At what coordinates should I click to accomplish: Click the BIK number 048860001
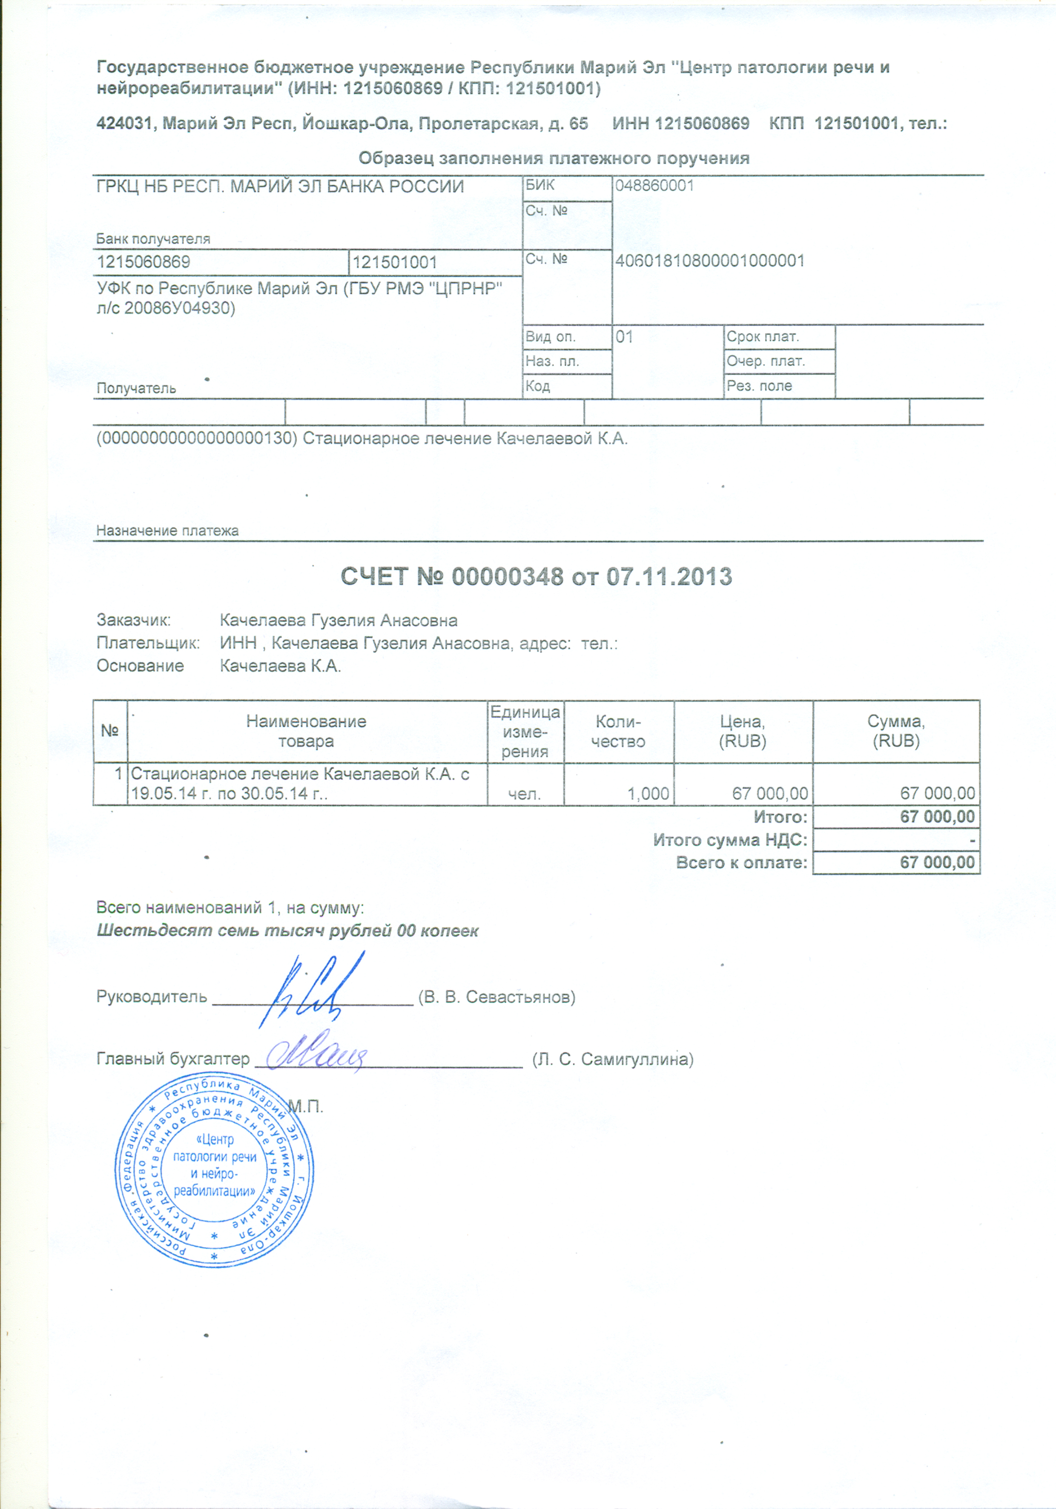pyautogui.click(x=654, y=186)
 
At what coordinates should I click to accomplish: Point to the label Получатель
pyautogui.click(x=136, y=388)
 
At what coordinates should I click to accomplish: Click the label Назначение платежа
pyautogui.click(x=168, y=530)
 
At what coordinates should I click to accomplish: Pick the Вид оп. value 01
pyautogui.click(x=624, y=338)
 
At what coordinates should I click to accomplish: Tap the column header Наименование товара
pyautogui.click(x=306, y=731)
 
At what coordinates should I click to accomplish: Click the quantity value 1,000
pyautogui.click(x=648, y=794)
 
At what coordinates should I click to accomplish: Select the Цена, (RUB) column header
pyautogui.click(x=743, y=731)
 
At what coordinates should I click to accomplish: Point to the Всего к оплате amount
pyautogui.click(x=937, y=863)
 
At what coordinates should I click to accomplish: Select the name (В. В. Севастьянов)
pyautogui.click(x=497, y=997)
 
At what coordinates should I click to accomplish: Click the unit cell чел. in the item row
pyautogui.click(x=525, y=794)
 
